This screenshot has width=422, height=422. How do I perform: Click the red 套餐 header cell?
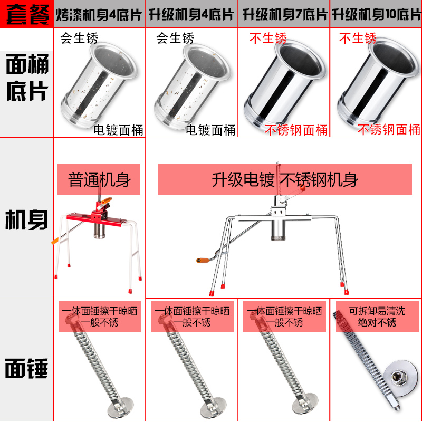click(27, 14)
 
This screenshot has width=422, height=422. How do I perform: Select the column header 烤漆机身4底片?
click(99, 15)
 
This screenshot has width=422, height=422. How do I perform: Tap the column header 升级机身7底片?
click(285, 15)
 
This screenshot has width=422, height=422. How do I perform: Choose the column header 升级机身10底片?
click(376, 15)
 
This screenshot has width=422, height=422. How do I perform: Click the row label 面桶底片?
click(27, 77)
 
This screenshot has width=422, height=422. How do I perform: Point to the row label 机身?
click(26, 219)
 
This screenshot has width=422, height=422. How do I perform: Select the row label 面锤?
click(26, 368)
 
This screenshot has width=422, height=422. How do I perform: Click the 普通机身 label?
click(99, 179)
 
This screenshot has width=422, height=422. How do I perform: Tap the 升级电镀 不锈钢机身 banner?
click(285, 179)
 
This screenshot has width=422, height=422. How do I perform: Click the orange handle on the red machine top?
click(106, 201)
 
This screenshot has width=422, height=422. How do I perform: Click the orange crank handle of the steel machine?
click(203, 260)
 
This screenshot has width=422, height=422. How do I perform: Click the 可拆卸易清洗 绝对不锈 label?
click(377, 316)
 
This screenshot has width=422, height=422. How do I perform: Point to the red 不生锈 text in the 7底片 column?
click(268, 38)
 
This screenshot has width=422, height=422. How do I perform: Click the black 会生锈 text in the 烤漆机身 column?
click(79, 38)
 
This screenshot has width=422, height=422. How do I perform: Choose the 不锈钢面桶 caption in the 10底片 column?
click(389, 130)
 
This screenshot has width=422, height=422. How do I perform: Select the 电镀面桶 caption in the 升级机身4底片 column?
click(210, 130)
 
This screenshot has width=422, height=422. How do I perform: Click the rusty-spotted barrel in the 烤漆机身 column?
click(99, 85)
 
